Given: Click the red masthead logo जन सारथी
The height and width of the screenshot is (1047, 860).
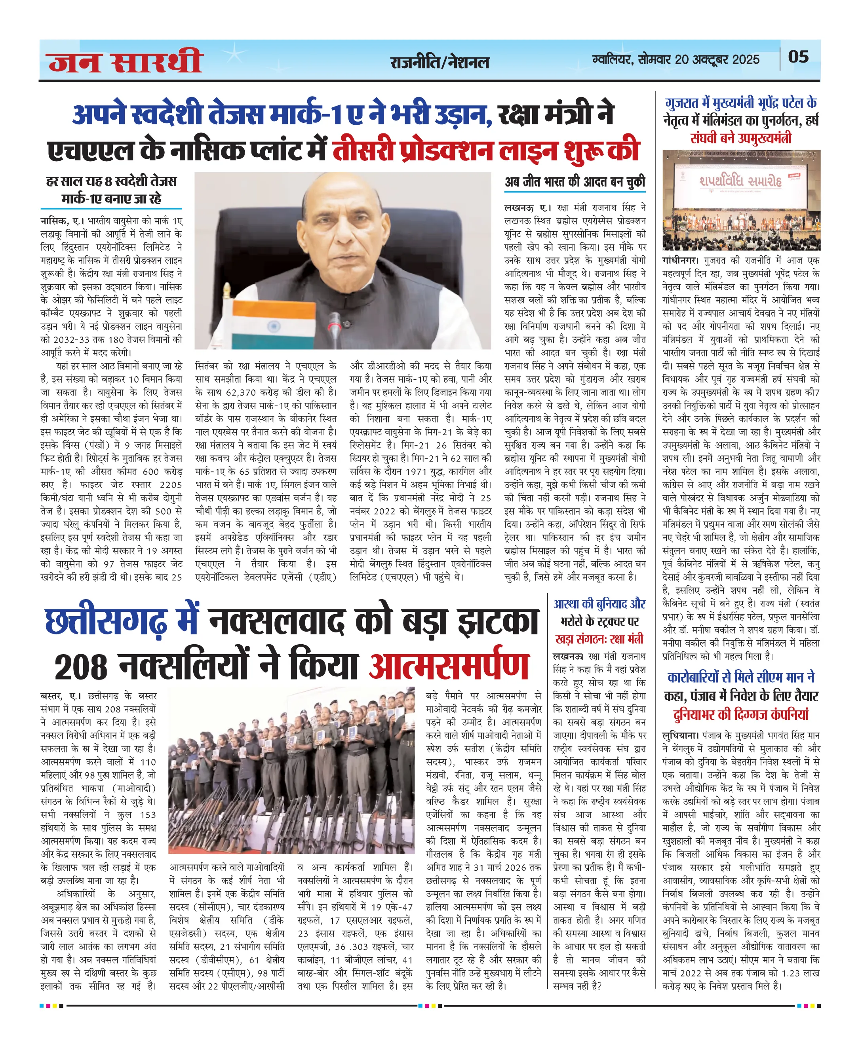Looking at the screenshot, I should pos(126,61).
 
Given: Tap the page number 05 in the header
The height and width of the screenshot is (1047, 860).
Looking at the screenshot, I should pos(798,57).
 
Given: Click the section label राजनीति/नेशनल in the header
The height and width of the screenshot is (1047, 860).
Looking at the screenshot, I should pos(440,62).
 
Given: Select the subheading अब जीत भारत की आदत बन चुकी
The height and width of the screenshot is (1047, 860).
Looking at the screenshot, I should pos(575,182).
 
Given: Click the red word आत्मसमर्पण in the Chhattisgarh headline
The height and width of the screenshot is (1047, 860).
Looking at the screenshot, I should pos(449,667).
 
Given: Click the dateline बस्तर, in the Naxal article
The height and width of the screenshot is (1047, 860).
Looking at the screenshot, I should pos(53,696).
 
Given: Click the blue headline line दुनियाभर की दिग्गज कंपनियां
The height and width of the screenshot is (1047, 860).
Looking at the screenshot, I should pos(740,714).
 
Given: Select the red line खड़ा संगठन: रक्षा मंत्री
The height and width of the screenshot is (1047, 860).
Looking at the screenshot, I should pos(599,639).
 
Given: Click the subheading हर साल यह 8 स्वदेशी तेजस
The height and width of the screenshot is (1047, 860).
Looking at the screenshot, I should pos(112,181).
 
